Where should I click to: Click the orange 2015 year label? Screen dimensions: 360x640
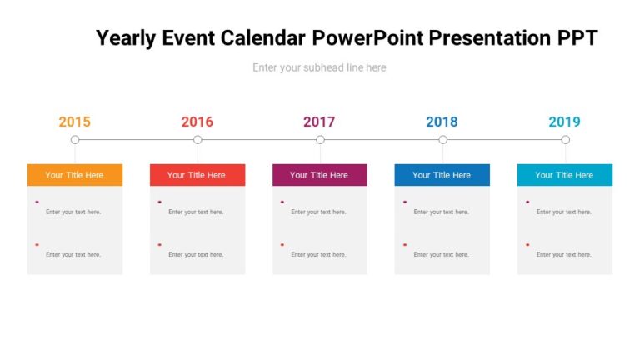pos(74,122)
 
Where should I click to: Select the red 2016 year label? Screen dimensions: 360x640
pos(197,122)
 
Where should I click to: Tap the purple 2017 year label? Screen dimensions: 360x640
pos(319,122)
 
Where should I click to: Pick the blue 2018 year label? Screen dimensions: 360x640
pos(442,122)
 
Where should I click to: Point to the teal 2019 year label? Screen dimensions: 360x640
pos(564,122)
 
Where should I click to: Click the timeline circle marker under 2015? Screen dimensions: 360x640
pos(75,140)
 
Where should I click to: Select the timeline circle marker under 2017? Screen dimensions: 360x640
pos(320,140)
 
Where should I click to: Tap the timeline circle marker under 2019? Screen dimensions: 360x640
pos(565,140)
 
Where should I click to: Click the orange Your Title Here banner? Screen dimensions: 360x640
pos(74,175)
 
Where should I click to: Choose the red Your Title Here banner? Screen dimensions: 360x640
pos(197,175)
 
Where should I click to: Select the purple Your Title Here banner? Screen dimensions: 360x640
pos(319,175)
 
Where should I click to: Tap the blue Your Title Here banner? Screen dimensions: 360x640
pos(442,175)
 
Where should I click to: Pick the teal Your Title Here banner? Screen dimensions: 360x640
pos(564,175)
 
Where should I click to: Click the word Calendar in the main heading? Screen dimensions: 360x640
pos(264,38)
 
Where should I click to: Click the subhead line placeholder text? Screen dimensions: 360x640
pos(319,67)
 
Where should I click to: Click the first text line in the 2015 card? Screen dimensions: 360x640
pos(73,212)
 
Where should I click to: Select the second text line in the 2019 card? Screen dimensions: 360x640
pos(563,254)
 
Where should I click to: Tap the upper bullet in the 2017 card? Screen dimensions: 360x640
pos(282,202)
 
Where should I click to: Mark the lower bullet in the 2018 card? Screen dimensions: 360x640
pos(405,244)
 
